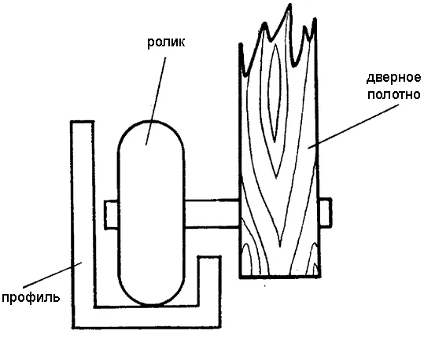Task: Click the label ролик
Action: click(166, 42)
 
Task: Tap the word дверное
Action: click(393, 78)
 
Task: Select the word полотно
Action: click(393, 94)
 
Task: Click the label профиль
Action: click(31, 298)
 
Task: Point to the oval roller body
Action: click(151, 213)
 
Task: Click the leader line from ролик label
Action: click(156, 101)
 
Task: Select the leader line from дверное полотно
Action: click(353, 127)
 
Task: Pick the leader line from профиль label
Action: click(52, 274)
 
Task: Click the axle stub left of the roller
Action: click(111, 215)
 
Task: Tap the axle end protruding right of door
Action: click(326, 213)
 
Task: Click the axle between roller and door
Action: click(212, 213)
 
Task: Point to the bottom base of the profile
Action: click(147, 318)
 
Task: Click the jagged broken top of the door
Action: click(278, 41)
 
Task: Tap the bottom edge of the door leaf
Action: click(280, 277)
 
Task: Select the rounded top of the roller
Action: click(151, 121)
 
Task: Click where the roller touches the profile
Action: click(152, 306)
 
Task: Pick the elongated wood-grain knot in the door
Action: click(275, 94)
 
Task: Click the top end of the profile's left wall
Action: click(83, 122)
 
